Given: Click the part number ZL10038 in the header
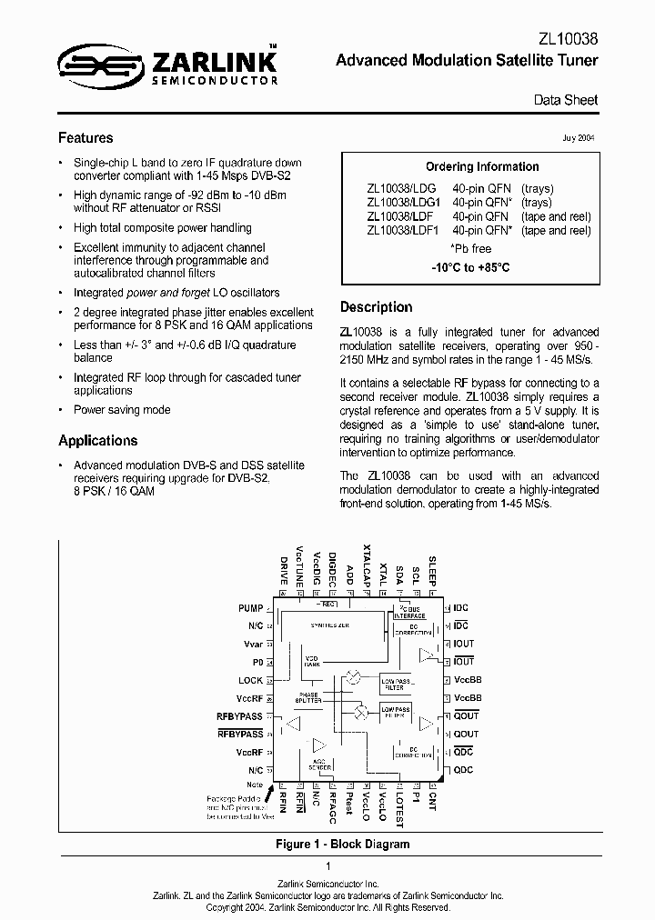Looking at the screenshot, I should click(569, 39).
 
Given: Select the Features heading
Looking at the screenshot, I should click(86, 138).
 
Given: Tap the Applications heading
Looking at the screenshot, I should click(97, 441).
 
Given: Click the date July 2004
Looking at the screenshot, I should click(580, 139).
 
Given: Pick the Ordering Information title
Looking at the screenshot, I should click(482, 167).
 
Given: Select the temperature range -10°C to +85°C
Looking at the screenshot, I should click(470, 268).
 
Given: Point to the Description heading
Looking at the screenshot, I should click(376, 307).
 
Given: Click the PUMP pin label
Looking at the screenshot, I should click(250, 608).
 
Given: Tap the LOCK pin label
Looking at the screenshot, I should click(250, 680).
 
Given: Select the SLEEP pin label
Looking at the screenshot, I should click(433, 570).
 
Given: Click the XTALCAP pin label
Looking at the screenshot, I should click(368, 565).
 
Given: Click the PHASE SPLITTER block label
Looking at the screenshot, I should click(309, 697).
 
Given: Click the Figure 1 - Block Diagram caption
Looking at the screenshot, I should click(342, 845).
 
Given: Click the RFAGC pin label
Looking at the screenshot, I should click(333, 807).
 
